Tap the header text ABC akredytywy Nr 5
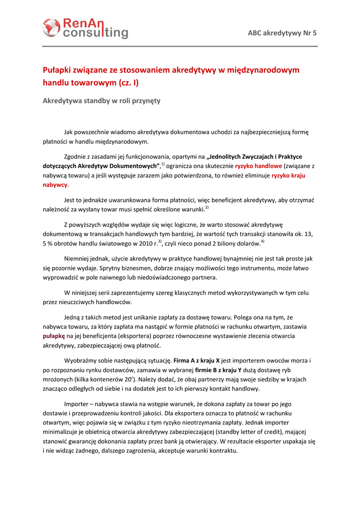(282, 33)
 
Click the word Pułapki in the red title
(58, 70)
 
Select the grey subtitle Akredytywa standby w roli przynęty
(101, 100)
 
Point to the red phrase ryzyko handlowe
(258, 166)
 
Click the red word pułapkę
(54, 336)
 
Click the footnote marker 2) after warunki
(207, 207)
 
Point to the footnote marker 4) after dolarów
(263, 242)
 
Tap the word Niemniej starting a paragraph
(78, 258)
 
